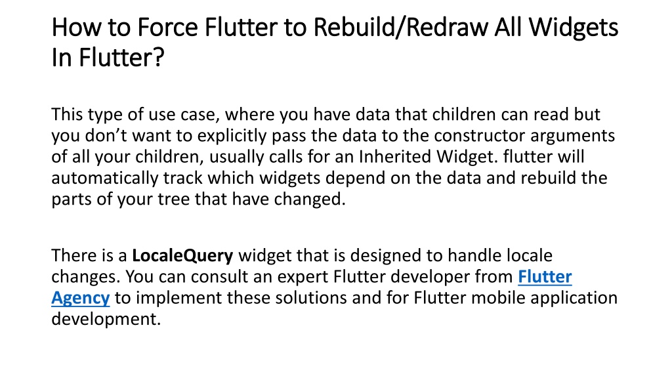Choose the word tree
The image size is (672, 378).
tap(171, 199)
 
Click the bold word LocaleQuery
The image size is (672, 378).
tap(183, 255)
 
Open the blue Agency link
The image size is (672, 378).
tap(80, 297)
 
